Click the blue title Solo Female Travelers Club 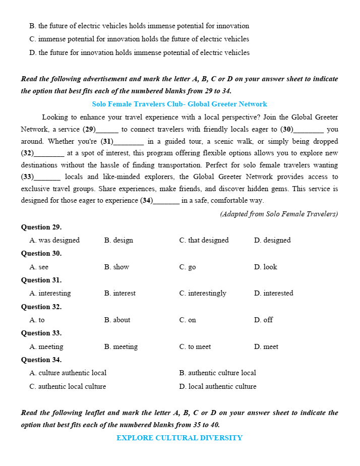pyautogui.click(x=179, y=104)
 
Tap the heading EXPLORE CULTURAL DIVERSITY pyautogui.click(x=179, y=438)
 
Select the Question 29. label pyautogui.click(x=41, y=227)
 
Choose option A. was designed pyautogui.click(x=54, y=240)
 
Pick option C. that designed pyautogui.click(x=204, y=240)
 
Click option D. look pyautogui.click(x=266, y=267)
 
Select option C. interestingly pyautogui.click(x=203, y=293)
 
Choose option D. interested pyautogui.click(x=273, y=293)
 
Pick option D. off pyautogui.click(x=264, y=320)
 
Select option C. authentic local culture pyautogui.click(x=68, y=386)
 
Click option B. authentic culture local pyautogui.click(x=217, y=373)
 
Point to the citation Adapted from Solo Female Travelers pyautogui.click(x=279, y=214)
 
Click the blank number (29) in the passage pyautogui.click(x=89, y=130)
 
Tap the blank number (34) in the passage pyautogui.click(x=147, y=200)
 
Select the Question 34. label pyautogui.click(x=41, y=360)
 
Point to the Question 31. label pyautogui.click(x=41, y=280)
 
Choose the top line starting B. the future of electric pyautogui.click(x=139, y=26)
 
